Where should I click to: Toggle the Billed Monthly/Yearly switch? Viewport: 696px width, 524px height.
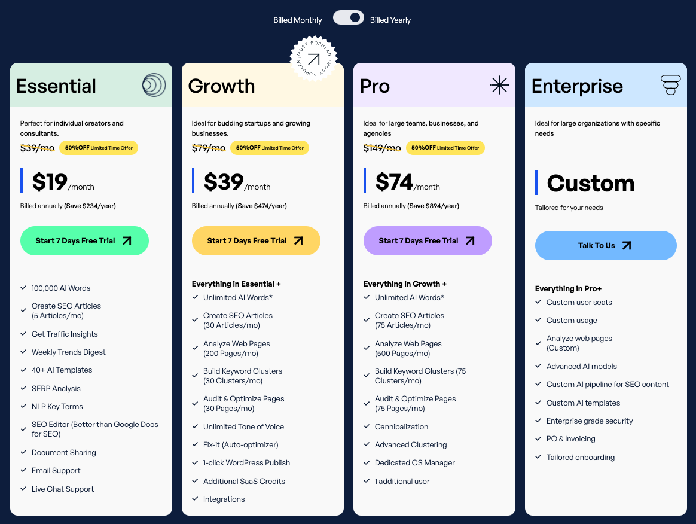(x=348, y=18)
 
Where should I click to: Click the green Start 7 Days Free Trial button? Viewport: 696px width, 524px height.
(x=84, y=240)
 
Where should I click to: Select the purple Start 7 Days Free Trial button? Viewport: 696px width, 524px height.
(x=428, y=240)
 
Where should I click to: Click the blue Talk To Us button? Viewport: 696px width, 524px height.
(x=606, y=245)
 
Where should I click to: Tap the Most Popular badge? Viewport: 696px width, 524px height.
(x=313, y=59)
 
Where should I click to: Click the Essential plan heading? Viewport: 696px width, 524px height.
(x=56, y=86)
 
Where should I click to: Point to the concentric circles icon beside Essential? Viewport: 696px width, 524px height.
(x=154, y=85)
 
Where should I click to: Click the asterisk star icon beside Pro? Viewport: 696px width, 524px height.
(x=499, y=85)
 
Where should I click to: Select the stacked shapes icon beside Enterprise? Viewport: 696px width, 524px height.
(x=671, y=85)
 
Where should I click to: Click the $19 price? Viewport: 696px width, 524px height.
(x=50, y=182)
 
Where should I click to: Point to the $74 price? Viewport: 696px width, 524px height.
(x=394, y=182)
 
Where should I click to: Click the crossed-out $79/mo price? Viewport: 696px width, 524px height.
(x=209, y=148)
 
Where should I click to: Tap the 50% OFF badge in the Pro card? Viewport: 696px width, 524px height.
(x=445, y=148)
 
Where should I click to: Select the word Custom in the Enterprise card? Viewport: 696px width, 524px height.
(x=590, y=183)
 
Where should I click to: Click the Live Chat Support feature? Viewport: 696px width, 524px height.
(x=63, y=489)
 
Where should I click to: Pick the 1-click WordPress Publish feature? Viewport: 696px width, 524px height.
(x=246, y=462)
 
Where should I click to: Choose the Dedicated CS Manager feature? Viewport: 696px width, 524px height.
(x=414, y=462)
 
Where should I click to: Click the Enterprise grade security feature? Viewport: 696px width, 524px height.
(x=589, y=421)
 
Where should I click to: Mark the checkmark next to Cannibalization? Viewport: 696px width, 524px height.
(x=367, y=426)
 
